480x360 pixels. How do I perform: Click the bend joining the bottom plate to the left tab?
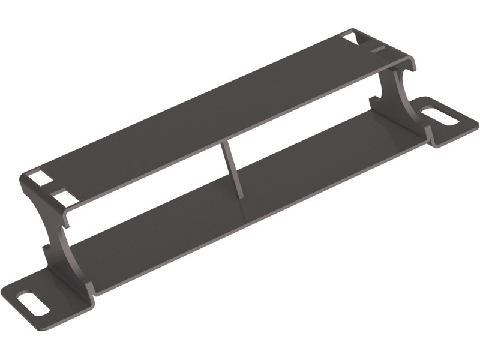click(x=84, y=288)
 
